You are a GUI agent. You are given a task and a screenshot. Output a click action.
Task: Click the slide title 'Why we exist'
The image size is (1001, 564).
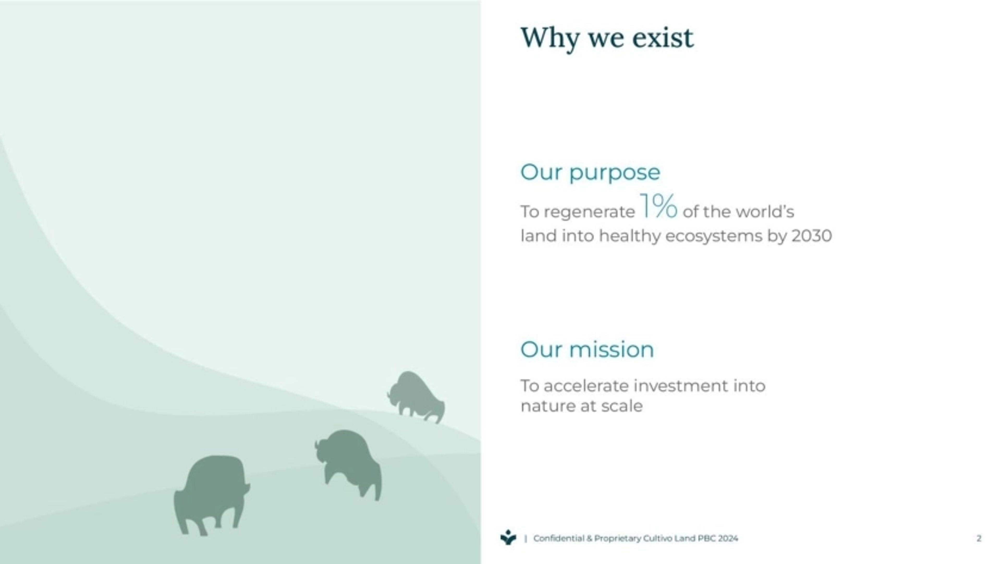pyautogui.click(x=607, y=38)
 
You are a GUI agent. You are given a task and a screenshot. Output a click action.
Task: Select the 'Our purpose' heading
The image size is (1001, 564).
pyautogui.click(x=590, y=172)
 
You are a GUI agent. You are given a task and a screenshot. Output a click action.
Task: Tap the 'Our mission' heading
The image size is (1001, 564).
pyautogui.click(x=587, y=349)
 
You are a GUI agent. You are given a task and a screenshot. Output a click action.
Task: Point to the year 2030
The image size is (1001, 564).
pyautogui.click(x=811, y=236)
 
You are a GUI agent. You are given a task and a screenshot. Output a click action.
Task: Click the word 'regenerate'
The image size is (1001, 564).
pyautogui.click(x=589, y=212)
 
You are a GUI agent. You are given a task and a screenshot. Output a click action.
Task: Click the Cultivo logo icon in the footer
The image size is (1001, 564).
pyautogui.click(x=508, y=538)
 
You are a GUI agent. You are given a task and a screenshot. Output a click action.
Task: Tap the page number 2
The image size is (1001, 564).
pyautogui.click(x=979, y=538)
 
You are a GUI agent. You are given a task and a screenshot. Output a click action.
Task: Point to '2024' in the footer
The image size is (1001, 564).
pyautogui.click(x=728, y=538)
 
